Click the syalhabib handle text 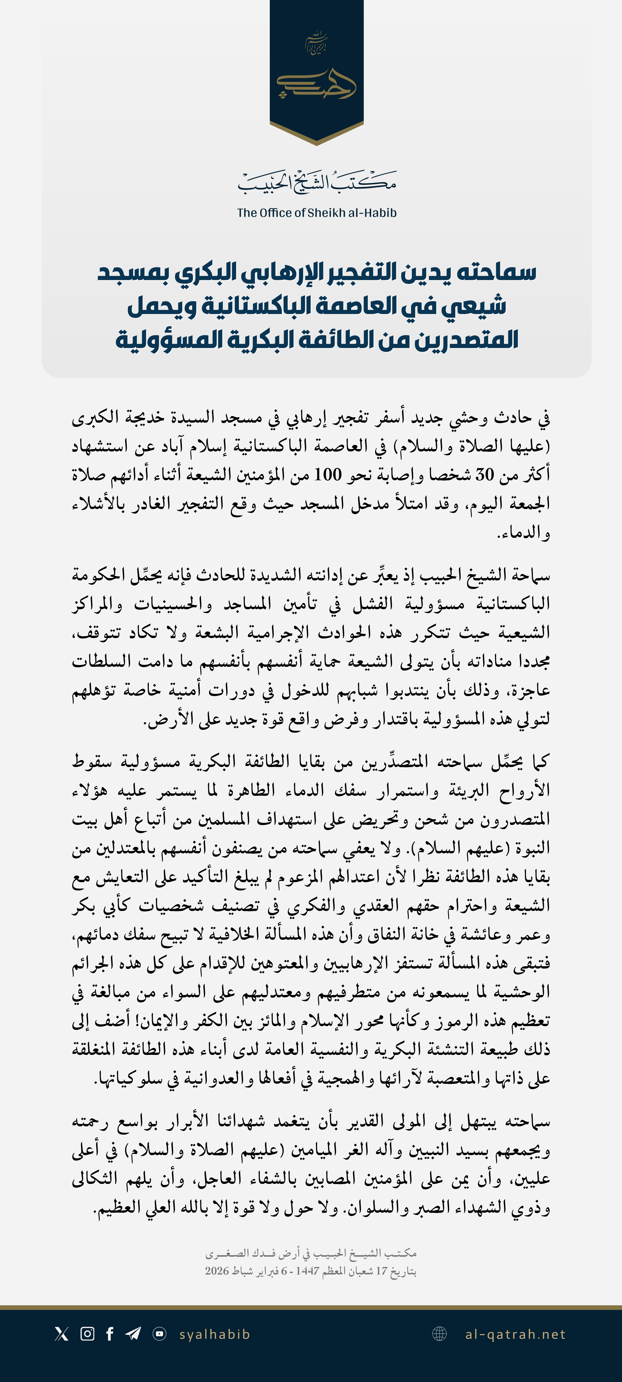(215, 1334)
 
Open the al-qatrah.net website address (515, 1334)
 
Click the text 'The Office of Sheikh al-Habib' (317, 213)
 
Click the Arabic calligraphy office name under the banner (317, 182)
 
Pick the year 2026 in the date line (217, 1271)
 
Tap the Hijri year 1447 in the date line (308, 1271)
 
